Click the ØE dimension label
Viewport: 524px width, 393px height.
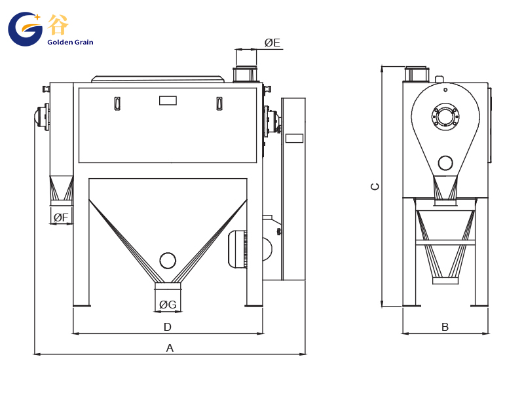(272, 43)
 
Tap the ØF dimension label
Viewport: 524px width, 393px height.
(61, 217)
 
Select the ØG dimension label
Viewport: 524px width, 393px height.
(168, 305)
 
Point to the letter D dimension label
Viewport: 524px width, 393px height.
(168, 327)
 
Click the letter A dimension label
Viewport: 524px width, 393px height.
(170, 348)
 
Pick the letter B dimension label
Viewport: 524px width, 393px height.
(445, 327)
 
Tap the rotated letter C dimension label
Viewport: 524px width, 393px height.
(375, 187)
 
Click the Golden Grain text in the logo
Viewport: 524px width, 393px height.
(70, 42)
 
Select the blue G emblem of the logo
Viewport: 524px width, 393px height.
(25, 29)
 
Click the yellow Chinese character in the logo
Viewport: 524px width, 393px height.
(58, 24)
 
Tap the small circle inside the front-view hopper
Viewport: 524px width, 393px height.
(168, 260)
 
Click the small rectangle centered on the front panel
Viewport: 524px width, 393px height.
(168, 101)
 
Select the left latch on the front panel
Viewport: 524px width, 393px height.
(117, 103)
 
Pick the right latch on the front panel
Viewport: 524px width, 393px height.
(219, 103)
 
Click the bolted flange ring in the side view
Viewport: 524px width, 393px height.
(445, 117)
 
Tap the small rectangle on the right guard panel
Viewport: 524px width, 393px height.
(294, 138)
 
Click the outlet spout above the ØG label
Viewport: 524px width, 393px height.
(168, 286)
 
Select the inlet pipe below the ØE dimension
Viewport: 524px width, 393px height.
(246, 75)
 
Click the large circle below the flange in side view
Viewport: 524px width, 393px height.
(445, 163)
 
